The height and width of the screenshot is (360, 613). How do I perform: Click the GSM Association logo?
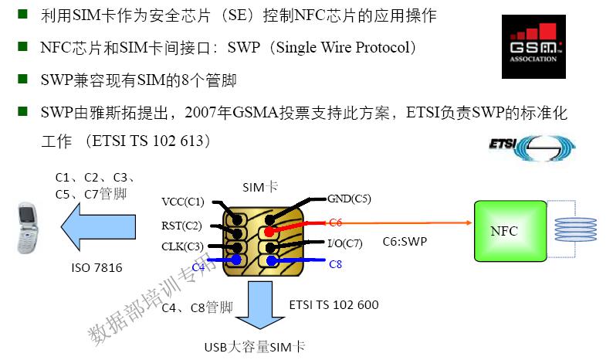click(533, 46)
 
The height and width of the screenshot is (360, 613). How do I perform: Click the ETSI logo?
click(532, 148)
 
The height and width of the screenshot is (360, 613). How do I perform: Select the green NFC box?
click(504, 231)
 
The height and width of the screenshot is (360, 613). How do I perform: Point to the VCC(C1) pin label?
click(183, 202)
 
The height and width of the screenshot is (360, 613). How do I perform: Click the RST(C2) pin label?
click(182, 226)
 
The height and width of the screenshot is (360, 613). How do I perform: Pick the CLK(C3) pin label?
click(182, 246)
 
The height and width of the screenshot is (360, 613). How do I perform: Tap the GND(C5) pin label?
click(349, 199)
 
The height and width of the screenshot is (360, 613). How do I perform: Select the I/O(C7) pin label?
click(345, 244)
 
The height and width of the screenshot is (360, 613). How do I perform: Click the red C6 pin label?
click(334, 222)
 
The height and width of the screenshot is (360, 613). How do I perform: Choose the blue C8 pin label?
click(335, 264)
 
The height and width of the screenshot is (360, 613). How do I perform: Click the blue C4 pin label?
click(198, 267)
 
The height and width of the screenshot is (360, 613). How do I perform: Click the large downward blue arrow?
click(262, 305)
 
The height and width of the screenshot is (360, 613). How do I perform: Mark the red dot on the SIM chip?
click(268, 231)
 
